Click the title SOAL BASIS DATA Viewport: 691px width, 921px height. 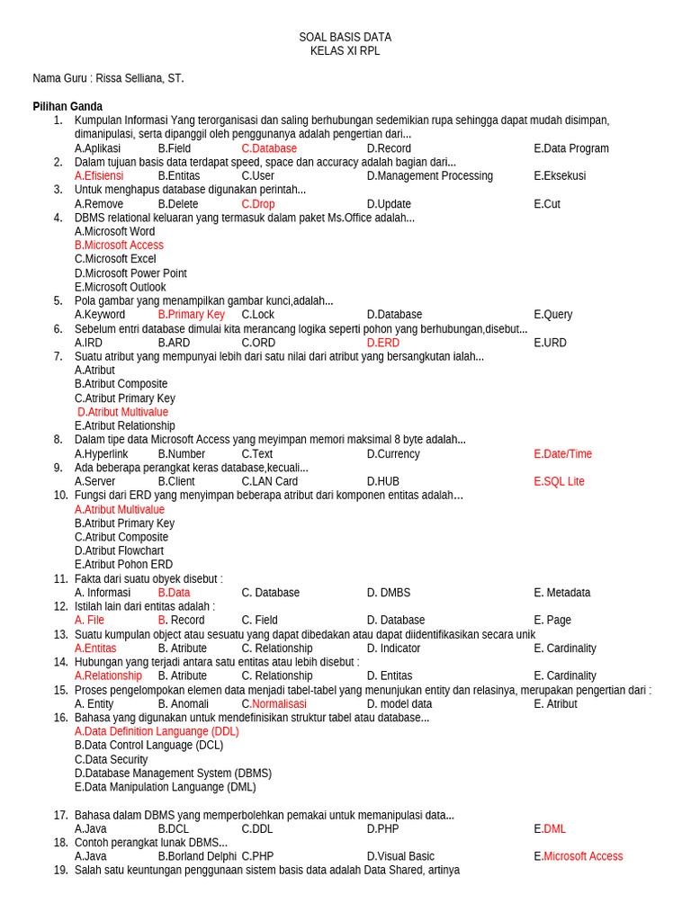(345, 37)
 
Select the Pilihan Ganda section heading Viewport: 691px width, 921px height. (67, 106)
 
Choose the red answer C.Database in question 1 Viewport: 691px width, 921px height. (269, 148)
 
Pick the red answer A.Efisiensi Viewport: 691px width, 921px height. (99, 176)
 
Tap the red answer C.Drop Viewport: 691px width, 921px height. (258, 204)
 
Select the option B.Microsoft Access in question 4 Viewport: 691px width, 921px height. (119, 246)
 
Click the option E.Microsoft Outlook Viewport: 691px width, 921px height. (120, 287)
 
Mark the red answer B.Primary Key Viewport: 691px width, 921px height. (191, 315)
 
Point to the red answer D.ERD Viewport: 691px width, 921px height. (382, 343)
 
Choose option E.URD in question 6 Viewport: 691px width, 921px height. (550, 343)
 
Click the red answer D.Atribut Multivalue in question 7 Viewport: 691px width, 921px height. (122, 412)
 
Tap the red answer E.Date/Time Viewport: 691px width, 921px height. (562, 454)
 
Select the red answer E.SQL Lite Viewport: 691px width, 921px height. (559, 482)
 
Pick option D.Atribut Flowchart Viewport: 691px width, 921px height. (119, 551)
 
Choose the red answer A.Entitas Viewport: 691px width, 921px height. (95, 648)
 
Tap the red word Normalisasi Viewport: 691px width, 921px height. (279, 704)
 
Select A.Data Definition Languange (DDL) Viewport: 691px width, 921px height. (157, 732)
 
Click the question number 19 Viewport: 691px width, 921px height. (60, 871)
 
